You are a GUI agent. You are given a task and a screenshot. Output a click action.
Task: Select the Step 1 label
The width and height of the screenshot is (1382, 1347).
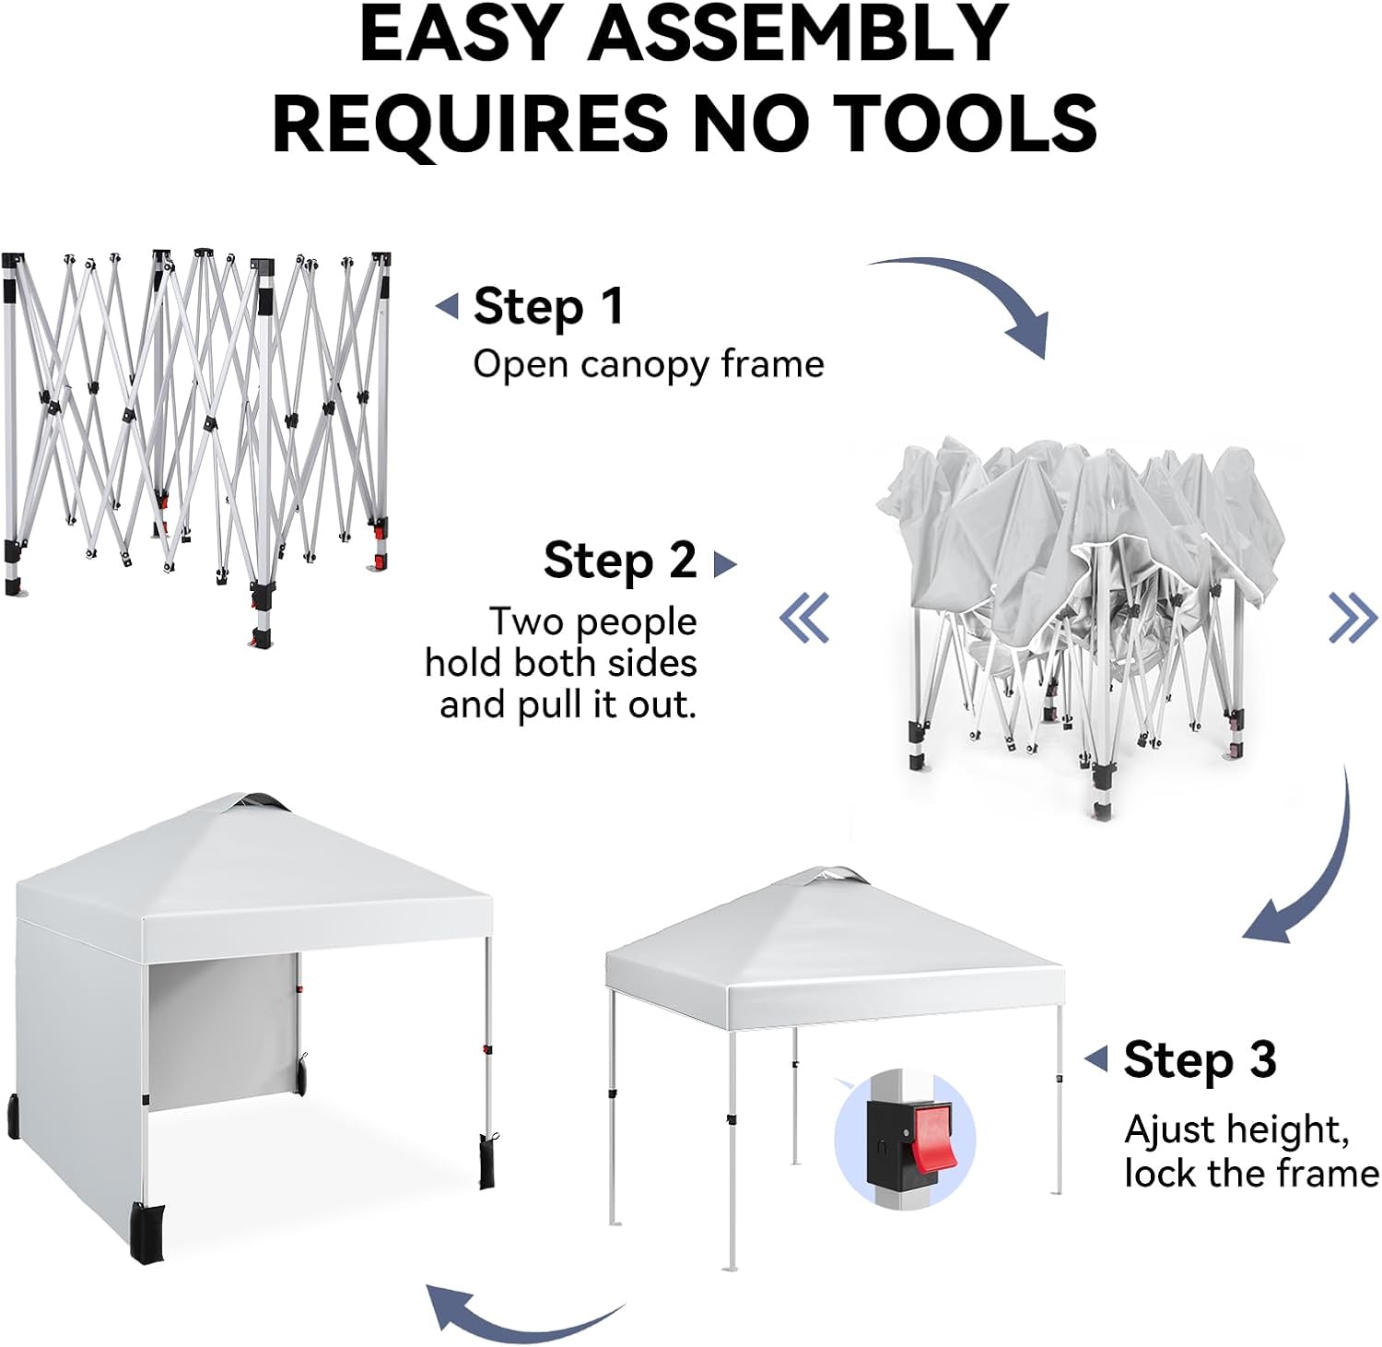point(548,306)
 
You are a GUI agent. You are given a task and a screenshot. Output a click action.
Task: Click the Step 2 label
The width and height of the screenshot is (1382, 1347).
point(619,560)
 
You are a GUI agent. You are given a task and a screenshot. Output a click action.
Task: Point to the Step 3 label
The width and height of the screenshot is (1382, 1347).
point(1200,1059)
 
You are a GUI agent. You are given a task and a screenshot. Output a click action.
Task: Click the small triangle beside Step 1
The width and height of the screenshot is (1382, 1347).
point(448,306)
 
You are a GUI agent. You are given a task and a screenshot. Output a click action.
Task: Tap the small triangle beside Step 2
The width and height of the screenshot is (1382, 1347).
point(725,563)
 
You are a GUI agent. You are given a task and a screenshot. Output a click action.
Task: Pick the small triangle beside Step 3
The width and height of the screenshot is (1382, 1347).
point(1096,1059)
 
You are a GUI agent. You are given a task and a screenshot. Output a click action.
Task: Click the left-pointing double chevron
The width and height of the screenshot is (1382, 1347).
point(804,617)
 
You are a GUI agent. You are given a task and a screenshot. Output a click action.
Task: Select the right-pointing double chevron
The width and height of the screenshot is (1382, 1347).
point(1353,617)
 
